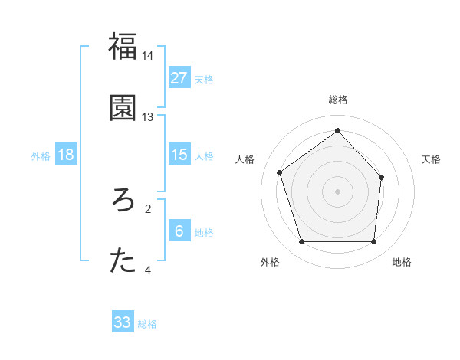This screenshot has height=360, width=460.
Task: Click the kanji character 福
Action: (x=123, y=47)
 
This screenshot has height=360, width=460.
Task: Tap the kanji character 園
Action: (x=123, y=108)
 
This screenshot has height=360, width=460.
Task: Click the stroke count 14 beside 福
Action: (x=148, y=56)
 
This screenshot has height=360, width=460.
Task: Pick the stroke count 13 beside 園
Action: (x=148, y=117)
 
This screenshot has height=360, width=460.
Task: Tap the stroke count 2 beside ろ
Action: (x=148, y=208)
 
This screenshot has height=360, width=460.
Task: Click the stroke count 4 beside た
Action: (x=148, y=270)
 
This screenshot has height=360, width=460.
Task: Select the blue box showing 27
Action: (x=179, y=78)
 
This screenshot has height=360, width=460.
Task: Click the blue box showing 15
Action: (x=179, y=155)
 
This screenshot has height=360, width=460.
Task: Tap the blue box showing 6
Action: (x=179, y=231)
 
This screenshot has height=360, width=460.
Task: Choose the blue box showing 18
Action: (x=66, y=155)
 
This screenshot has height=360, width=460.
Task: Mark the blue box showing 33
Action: (x=123, y=322)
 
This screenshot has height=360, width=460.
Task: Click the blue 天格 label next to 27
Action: (x=204, y=79)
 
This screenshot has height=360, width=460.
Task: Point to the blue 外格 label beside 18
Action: (x=41, y=155)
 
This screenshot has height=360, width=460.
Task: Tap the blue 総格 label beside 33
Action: (x=147, y=324)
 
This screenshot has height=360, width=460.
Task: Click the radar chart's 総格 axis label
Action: (x=337, y=100)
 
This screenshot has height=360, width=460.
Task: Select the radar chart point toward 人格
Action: (x=280, y=172)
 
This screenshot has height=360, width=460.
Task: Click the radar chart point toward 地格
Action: (x=373, y=242)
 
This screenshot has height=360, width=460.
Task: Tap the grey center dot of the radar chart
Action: (x=337, y=191)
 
